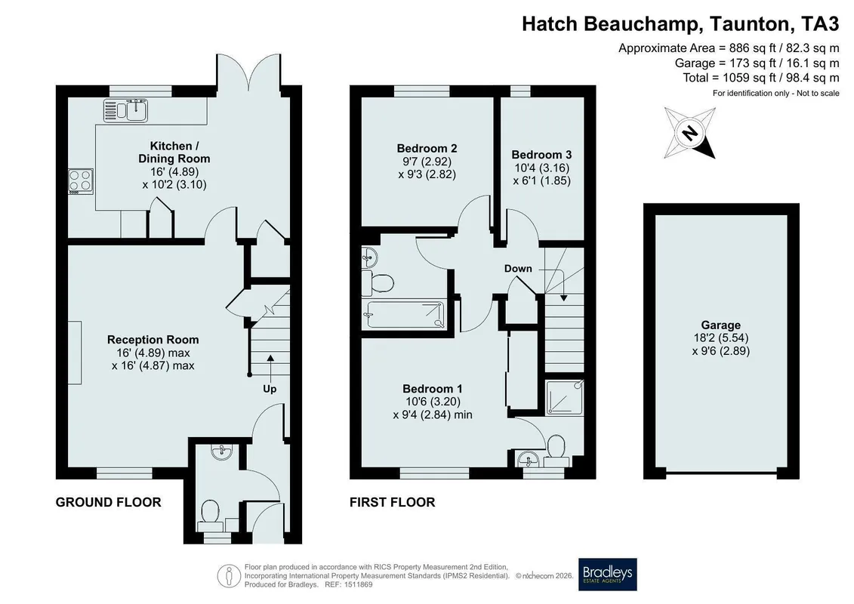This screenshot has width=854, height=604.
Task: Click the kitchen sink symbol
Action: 125,110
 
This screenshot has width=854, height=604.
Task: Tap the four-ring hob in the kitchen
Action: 81,181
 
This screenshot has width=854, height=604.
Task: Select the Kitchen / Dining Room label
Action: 174,153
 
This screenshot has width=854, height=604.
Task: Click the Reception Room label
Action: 153,340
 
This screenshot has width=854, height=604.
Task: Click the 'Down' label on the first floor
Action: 518,269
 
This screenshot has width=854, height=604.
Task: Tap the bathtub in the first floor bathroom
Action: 405,314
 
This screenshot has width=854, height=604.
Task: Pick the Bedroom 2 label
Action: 427,149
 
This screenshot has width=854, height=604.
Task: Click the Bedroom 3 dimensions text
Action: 542,174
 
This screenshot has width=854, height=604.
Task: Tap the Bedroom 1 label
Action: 433,389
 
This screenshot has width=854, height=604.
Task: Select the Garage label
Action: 720,325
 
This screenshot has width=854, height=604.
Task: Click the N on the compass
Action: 690,133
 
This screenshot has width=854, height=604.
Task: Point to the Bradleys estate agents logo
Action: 607,575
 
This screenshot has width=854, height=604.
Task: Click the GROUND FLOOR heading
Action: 109,502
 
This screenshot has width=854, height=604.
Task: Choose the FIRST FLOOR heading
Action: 392,502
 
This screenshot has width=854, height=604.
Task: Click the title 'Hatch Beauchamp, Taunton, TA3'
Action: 681,24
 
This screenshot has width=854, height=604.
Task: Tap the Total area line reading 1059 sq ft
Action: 761,78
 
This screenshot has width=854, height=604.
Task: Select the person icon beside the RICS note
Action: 230,575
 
